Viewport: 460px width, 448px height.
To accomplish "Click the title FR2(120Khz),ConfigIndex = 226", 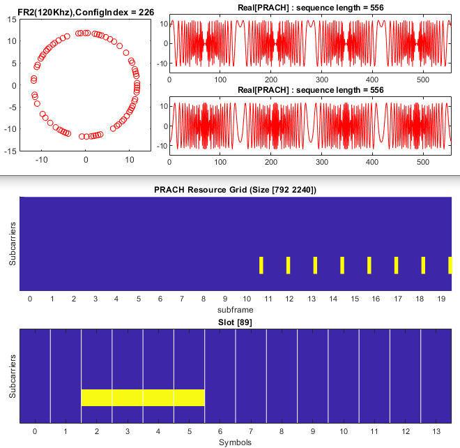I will click(x=84, y=8).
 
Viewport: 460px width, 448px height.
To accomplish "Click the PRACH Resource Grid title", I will click(x=235, y=190).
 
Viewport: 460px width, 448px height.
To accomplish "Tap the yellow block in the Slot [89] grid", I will click(x=143, y=397).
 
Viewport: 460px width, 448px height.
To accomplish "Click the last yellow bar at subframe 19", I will click(x=450, y=265).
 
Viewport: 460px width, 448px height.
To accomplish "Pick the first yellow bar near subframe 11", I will click(x=261, y=265).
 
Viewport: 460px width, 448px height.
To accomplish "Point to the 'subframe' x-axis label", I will click(x=235, y=308).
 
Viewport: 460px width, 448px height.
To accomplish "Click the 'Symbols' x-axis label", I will click(x=235, y=442).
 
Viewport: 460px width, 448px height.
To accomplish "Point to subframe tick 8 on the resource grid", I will click(x=203, y=298).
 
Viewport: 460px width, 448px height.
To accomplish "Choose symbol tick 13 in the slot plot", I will click(x=436, y=431).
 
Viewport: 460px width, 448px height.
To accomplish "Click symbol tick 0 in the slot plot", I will click(x=35, y=431).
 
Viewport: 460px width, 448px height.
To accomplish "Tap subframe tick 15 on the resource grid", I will click(x=355, y=298).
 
